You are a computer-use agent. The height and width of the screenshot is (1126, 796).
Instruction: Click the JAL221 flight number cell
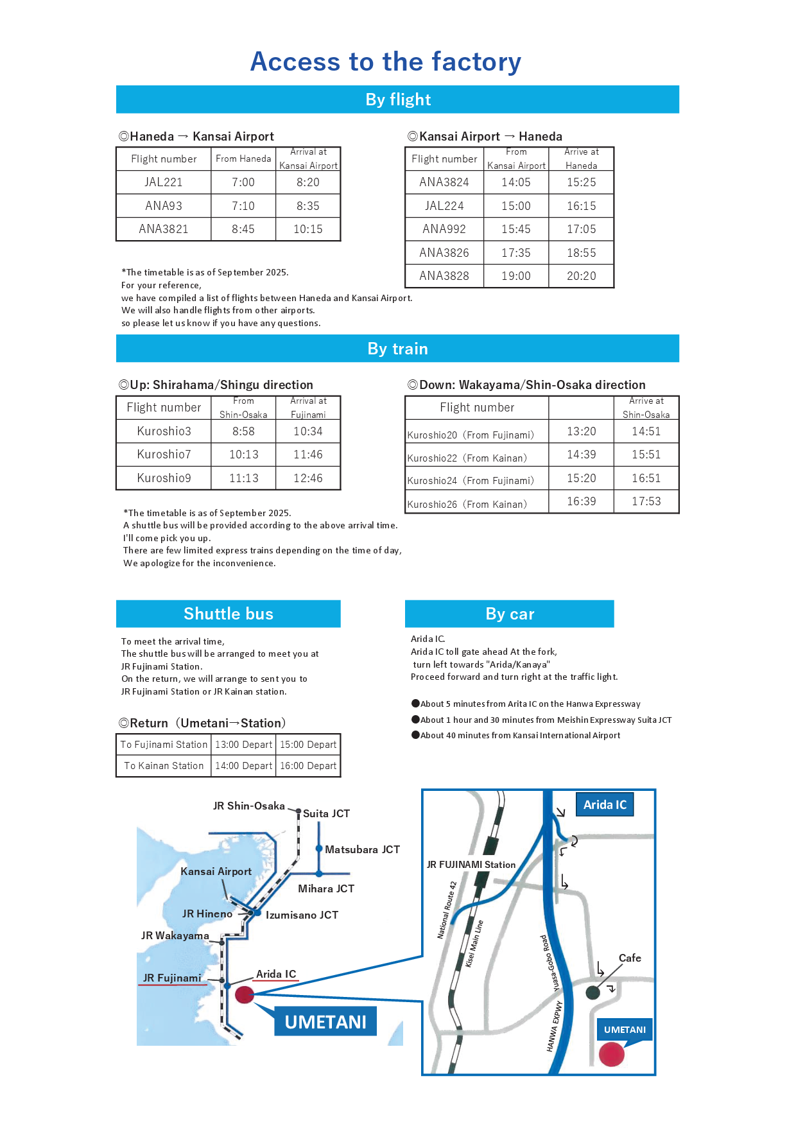164,182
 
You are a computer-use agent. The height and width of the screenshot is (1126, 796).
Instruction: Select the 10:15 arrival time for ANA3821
308,229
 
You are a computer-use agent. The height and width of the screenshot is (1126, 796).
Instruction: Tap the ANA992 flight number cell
444,229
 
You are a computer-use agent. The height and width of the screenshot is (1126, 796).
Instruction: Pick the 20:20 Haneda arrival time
582,276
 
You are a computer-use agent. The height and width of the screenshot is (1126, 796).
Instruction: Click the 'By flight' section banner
397,100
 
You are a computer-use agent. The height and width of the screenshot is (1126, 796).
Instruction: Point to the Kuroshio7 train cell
164,455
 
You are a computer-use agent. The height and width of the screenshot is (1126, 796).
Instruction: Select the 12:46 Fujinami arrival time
308,478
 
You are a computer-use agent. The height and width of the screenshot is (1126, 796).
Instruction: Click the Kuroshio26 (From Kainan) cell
476,504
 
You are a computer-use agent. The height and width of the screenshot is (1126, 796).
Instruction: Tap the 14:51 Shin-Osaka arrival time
646,431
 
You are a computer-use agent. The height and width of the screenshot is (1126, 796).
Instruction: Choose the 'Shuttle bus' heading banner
228,614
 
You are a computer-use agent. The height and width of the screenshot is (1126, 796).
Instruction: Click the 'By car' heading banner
509,614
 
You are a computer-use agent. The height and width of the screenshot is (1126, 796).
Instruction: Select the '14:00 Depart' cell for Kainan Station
244,766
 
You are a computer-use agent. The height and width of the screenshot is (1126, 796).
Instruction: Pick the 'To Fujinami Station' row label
164,745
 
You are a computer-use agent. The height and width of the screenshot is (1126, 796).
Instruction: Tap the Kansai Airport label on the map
216,871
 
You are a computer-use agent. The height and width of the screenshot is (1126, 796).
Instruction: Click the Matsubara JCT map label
362,849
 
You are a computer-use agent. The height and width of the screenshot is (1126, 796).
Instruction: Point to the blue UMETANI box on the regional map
325,1021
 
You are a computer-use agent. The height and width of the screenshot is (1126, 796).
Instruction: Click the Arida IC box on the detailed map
605,804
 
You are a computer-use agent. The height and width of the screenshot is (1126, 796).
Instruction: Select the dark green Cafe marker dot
593,992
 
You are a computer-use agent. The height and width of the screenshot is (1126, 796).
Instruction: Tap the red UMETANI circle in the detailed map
611,1053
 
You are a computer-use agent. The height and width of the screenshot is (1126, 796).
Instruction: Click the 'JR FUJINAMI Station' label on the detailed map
471,865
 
